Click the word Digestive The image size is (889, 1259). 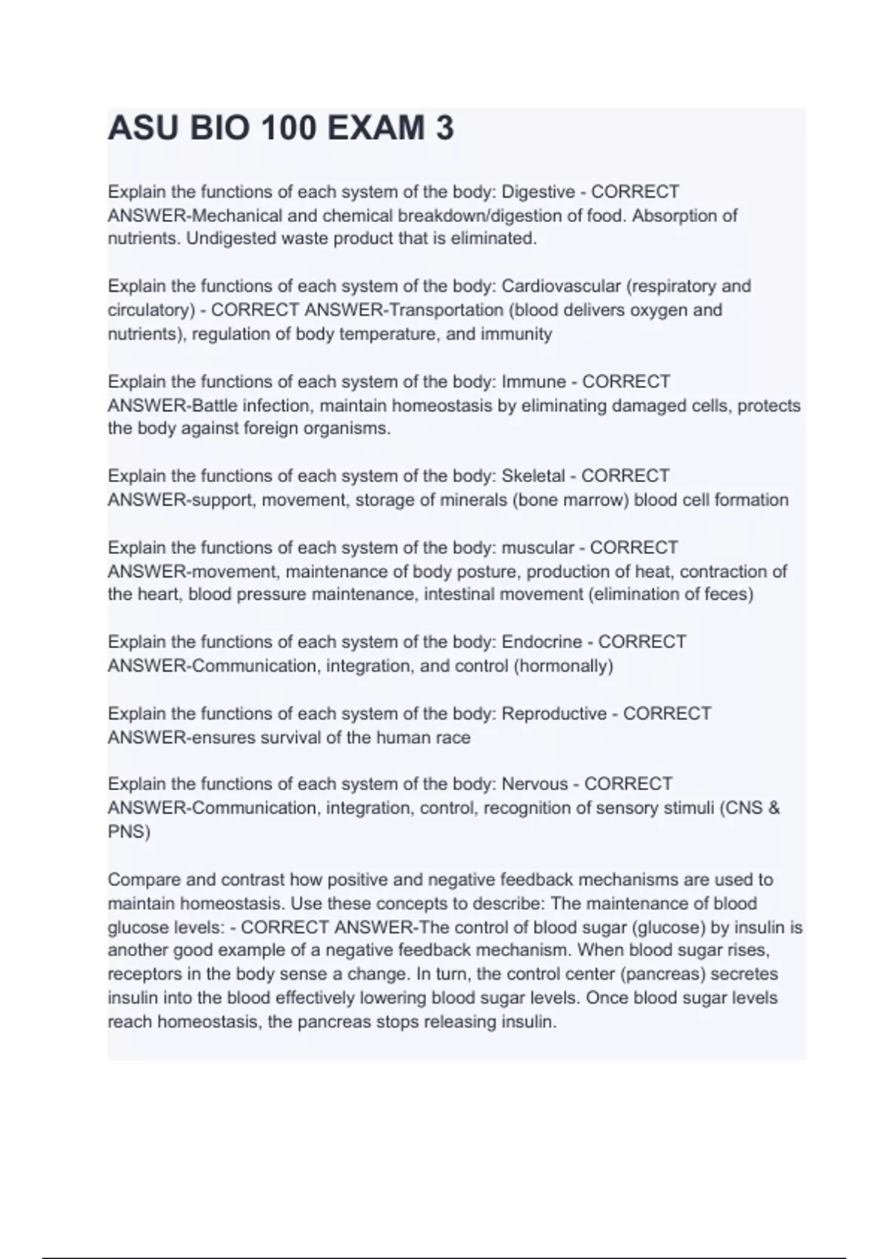[x=538, y=192]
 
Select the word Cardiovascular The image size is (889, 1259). [x=561, y=286]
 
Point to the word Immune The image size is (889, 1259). [x=533, y=381]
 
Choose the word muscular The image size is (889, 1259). [x=538, y=547]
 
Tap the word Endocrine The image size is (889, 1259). [x=542, y=641]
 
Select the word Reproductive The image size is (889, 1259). [x=554, y=713]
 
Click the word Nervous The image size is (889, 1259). [x=535, y=784]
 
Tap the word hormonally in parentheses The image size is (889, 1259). [x=563, y=666]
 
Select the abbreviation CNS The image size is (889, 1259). [x=742, y=807]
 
